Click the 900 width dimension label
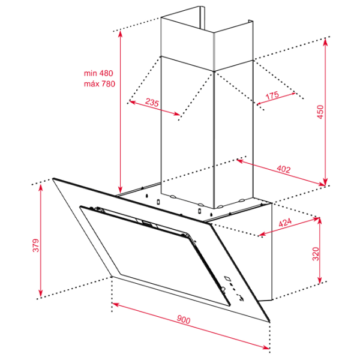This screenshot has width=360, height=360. (184, 319)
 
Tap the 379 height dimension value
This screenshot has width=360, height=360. (36, 245)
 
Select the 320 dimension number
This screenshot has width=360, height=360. (316, 254)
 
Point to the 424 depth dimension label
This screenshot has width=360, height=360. (285, 222)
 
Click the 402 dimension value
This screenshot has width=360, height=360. (284, 169)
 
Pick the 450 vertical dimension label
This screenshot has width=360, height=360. (320, 112)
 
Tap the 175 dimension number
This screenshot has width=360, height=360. (272, 95)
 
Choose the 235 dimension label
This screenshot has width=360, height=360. (152, 102)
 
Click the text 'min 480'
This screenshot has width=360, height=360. (98, 73)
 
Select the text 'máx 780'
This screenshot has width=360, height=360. (100, 83)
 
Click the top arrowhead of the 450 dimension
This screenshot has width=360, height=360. (325, 42)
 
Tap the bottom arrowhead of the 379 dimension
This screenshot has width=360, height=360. (41, 293)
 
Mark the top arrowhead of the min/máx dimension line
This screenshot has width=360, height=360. (120, 34)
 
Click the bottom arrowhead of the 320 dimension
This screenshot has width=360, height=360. (320, 280)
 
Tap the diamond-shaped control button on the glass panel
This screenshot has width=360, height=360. (228, 278)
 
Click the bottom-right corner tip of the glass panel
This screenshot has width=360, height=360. (269, 322)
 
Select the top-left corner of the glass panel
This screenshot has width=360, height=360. (53, 178)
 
